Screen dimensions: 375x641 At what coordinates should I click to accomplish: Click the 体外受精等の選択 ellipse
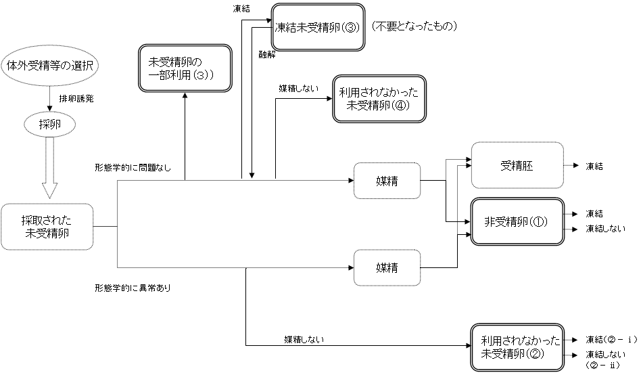pyautogui.click(x=50, y=66)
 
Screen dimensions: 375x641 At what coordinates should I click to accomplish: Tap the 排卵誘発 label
pyautogui.click(x=76, y=98)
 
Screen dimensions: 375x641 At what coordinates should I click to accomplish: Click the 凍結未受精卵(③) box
pyautogui.click(x=318, y=28)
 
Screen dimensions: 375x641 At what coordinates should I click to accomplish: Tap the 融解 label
pyautogui.click(x=266, y=53)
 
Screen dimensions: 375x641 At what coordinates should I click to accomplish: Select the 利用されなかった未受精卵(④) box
pyautogui.click(x=379, y=98)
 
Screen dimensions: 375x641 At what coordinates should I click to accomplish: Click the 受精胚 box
pyautogui.click(x=517, y=166)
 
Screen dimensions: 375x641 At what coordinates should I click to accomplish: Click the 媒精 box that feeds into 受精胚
pyautogui.click(x=387, y=181)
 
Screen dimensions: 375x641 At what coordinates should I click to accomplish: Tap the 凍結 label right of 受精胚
pyautogui.click(x=595, y=166)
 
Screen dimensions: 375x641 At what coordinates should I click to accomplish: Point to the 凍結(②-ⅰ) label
pyautogui.click(x=608, y=339)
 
